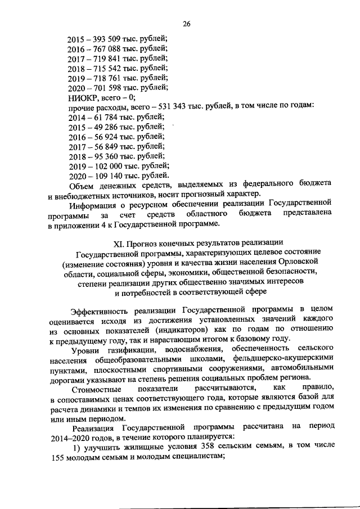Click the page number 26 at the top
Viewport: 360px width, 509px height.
click(187, 24)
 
